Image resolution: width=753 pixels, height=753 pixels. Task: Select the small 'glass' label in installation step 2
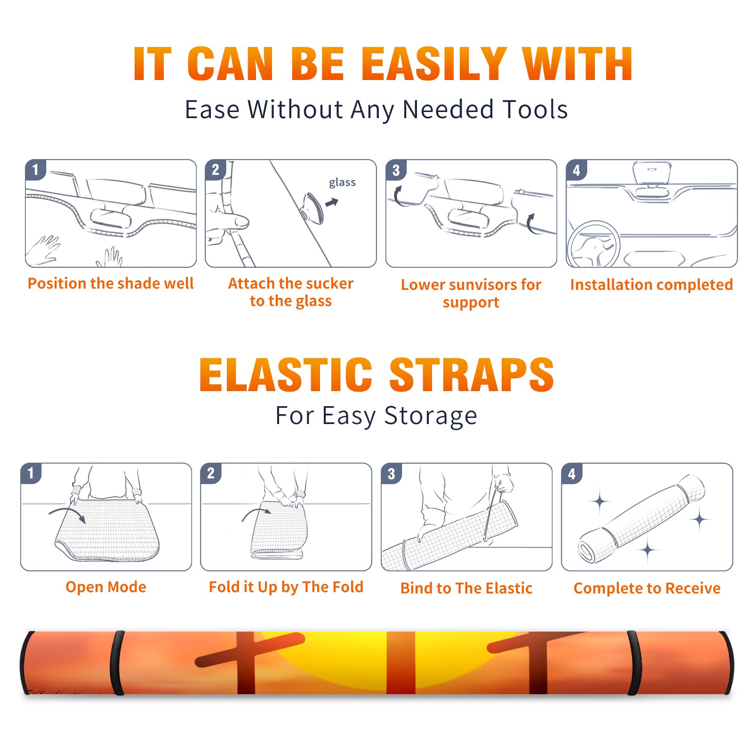[x=342, y=182]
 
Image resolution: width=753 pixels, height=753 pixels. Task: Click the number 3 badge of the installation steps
[x=396, y=170]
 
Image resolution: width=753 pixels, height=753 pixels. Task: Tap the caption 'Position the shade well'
[x=111, y=283]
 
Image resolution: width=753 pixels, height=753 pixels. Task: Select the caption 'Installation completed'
[x=651, y=284]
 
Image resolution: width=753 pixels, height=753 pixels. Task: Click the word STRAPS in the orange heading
[x=472, y=375]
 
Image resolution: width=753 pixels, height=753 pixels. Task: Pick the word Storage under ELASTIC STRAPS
[x=431, y=416]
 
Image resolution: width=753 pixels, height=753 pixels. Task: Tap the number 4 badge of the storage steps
[x=572, y=473]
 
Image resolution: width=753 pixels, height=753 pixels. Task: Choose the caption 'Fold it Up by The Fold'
[x=286, y=587]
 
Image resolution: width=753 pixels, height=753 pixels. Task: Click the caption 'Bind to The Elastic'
[x=466, y=588]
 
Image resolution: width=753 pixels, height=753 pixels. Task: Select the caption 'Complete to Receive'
[x=647, y=588]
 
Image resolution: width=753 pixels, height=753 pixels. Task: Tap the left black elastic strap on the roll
[x=117, y=663]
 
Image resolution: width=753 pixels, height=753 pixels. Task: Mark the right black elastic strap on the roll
[x=634, y=663]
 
